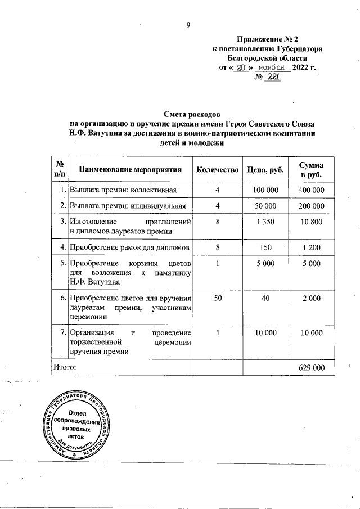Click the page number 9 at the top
[x=190, y=25]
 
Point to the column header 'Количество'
[x=218, y=169]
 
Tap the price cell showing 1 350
[x=264, y=222]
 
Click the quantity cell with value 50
[x=217, y=299]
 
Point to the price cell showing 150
[x=264, y=247]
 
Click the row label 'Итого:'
[x=64, y=367]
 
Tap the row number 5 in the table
[x=62, y=263]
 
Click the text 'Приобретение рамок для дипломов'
[x=129, y=247]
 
